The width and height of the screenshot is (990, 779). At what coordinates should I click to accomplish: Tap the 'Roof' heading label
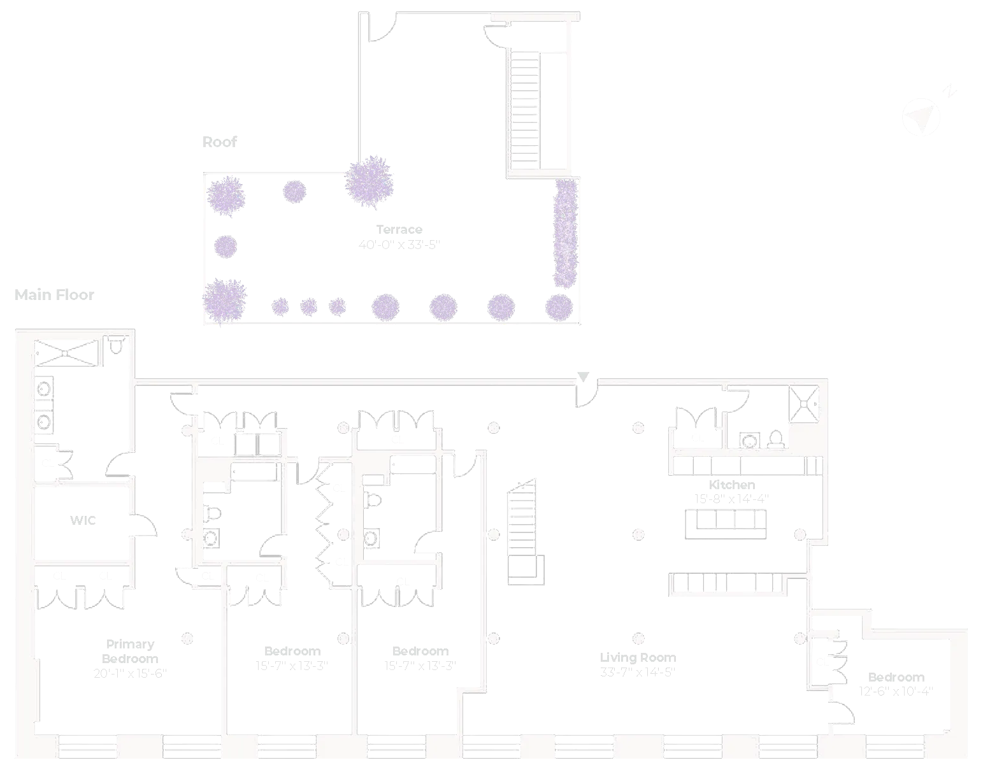[x=219, y=142]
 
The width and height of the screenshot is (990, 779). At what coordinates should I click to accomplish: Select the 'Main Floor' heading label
[x=54, y=295]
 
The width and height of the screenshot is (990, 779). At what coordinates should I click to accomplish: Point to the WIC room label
[x=83, y=520]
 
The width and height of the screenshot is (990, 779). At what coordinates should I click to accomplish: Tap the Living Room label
[x=638, y=657]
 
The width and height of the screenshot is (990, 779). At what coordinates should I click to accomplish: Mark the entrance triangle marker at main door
[x=583, y=376]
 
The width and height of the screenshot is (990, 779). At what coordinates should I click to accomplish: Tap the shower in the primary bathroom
[x=66, y=352]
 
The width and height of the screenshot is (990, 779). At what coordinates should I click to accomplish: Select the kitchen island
[x=726, y=524]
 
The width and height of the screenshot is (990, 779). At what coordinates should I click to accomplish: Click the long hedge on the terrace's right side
[x=564, y=232]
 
